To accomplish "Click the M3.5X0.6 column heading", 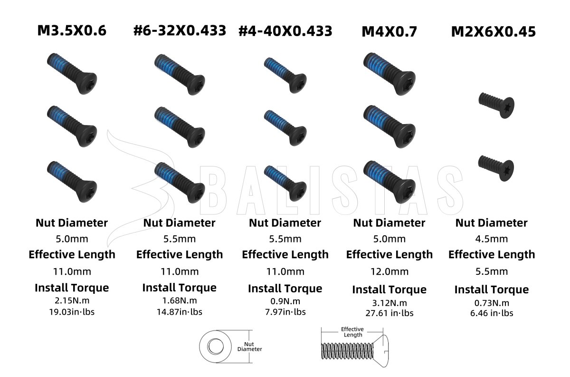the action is tap(72, 30).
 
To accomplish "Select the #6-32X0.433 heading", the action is tap(180, 30).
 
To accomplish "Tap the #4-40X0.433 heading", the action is tap(285, 31).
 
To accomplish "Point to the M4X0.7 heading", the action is tap(389, 32).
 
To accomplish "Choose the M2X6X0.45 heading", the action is tap(494, 32).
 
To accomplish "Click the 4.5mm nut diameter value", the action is tap(491, 239).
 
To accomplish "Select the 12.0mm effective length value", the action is tap(389, 271).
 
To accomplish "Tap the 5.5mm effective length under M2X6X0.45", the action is tap(492, 271).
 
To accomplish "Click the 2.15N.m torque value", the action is tap(72, 300).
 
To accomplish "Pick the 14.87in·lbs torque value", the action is tap(180, 312).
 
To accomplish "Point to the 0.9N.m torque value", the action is tap(285, 301).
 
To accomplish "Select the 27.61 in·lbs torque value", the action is tap(389, 313).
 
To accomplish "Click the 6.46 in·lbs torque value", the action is tap(492, 313).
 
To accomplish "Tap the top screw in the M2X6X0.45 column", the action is tap(497, 105).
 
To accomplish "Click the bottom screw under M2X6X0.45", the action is tap(496, 168).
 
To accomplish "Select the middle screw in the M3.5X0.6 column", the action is tap(72, 126).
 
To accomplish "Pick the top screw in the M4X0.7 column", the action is tap(389, 74).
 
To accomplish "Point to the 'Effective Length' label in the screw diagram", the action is tap(352, 332).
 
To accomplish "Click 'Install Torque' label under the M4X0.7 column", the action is tap(389, 290).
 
